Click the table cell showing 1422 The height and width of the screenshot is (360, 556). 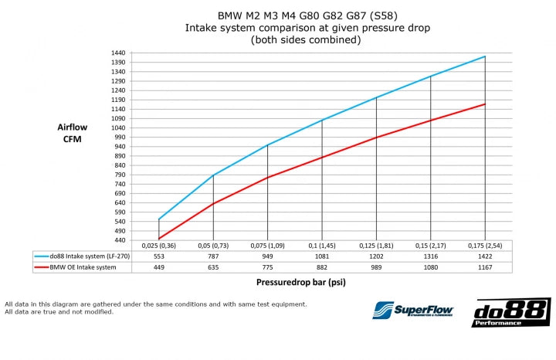coord(484,255)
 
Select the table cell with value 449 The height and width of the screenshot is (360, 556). coord(159,267)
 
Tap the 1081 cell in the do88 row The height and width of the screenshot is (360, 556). coord(321,255)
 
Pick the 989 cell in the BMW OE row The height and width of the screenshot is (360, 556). coord(376,267)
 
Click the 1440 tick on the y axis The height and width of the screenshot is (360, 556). coord(117,53)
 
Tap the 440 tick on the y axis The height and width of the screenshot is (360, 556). coord(120,239)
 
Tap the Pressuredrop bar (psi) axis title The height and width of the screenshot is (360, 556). coord(300,283)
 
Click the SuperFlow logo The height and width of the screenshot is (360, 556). coord(413,311)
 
